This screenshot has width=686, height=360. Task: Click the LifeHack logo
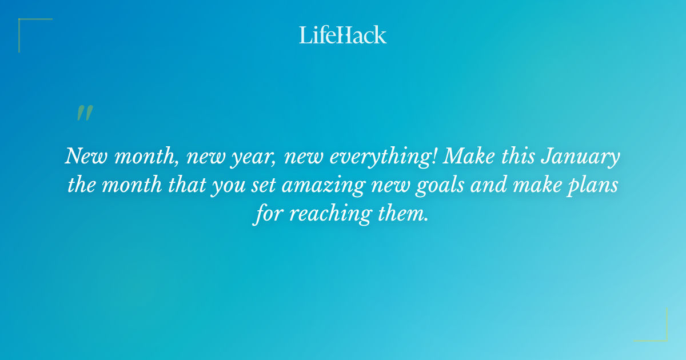pos(343,35)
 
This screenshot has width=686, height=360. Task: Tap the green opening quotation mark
pos(85,113)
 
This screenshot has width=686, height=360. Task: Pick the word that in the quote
pos(182,186)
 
